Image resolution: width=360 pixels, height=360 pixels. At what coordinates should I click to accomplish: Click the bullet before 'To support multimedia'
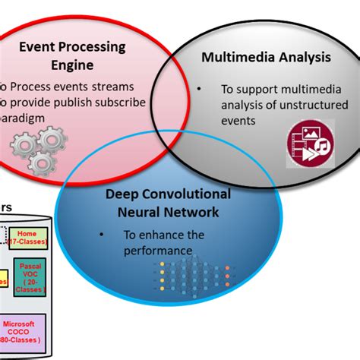click(x=199, y=89)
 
